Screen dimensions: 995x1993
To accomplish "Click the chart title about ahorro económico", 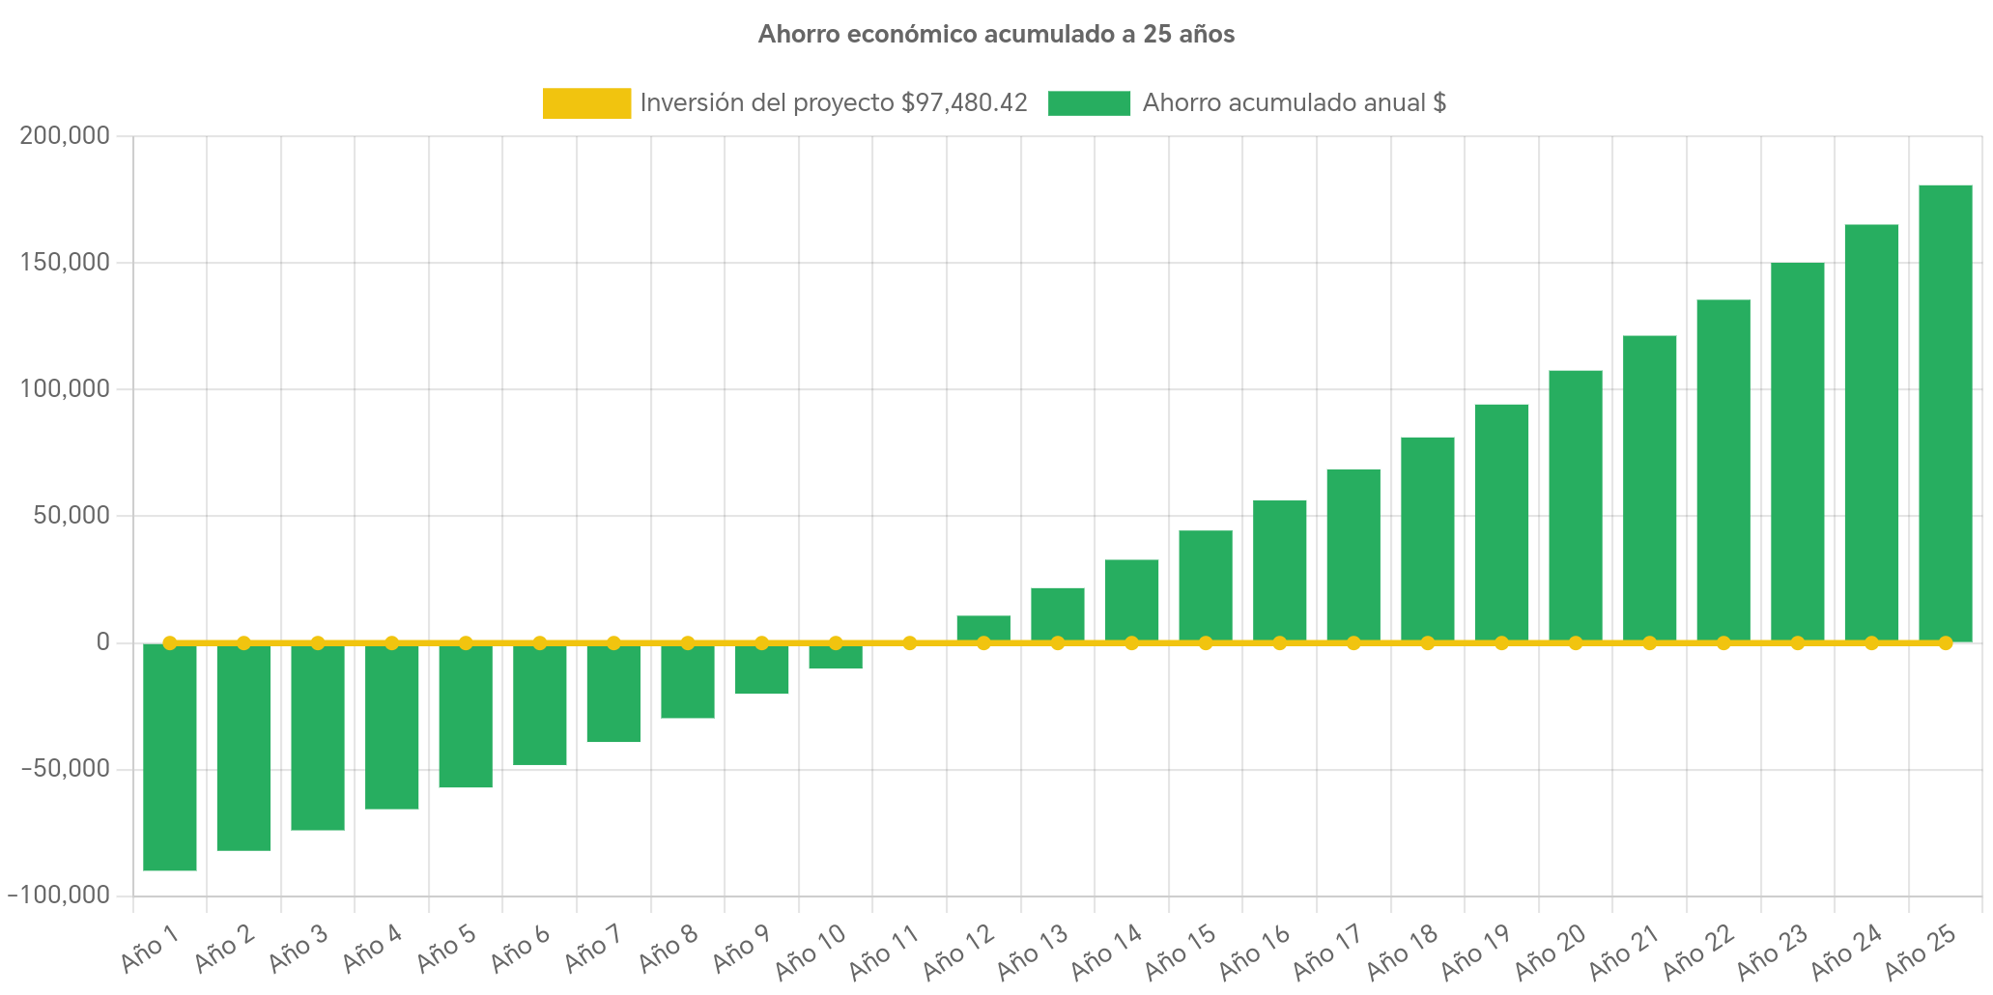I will (x=996, y=35).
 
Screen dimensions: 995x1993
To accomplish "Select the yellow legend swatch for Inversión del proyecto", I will (x=586, y=103).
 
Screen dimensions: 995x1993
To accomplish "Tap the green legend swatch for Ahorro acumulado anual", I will (x=1089, y=103).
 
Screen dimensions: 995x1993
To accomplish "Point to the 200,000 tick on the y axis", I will (x=65, y=136).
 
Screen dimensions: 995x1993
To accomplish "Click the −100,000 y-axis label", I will (x=60, y=895).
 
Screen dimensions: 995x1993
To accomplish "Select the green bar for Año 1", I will (x=170, y=757).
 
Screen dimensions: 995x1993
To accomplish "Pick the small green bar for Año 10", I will (x=836, y=657).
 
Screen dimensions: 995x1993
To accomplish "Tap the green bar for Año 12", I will (x=983, y=627).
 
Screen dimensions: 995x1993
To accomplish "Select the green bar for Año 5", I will (x=466, y=716).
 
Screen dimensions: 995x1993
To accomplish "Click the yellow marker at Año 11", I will (x=910, y=642).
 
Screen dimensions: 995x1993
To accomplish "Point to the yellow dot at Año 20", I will (x=1576, y=642).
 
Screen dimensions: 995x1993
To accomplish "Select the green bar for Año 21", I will (x=1649, y=489).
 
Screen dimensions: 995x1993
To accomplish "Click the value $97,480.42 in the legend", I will (x=964, y=103).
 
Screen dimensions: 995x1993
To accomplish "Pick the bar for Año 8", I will (x=688, y=682).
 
